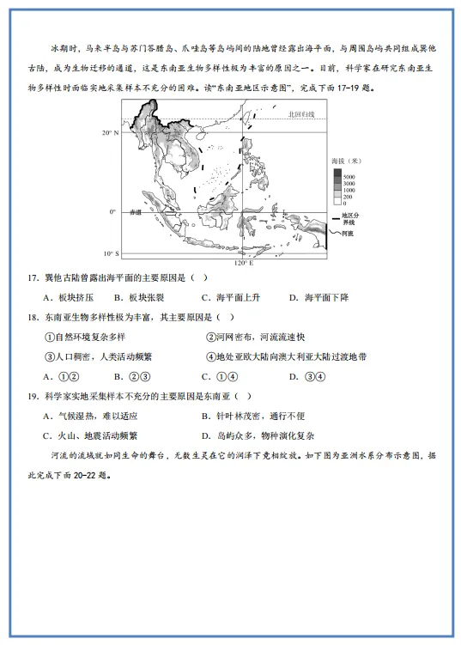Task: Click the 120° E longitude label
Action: (x=244, y=263)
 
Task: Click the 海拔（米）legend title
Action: (x=345, y=161)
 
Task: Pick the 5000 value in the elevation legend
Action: (x=349, y=177)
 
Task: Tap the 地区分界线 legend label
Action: (x=350, y=218)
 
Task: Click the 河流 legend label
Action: (x=347, y=233)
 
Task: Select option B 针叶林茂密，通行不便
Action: (x=258, y=416)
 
